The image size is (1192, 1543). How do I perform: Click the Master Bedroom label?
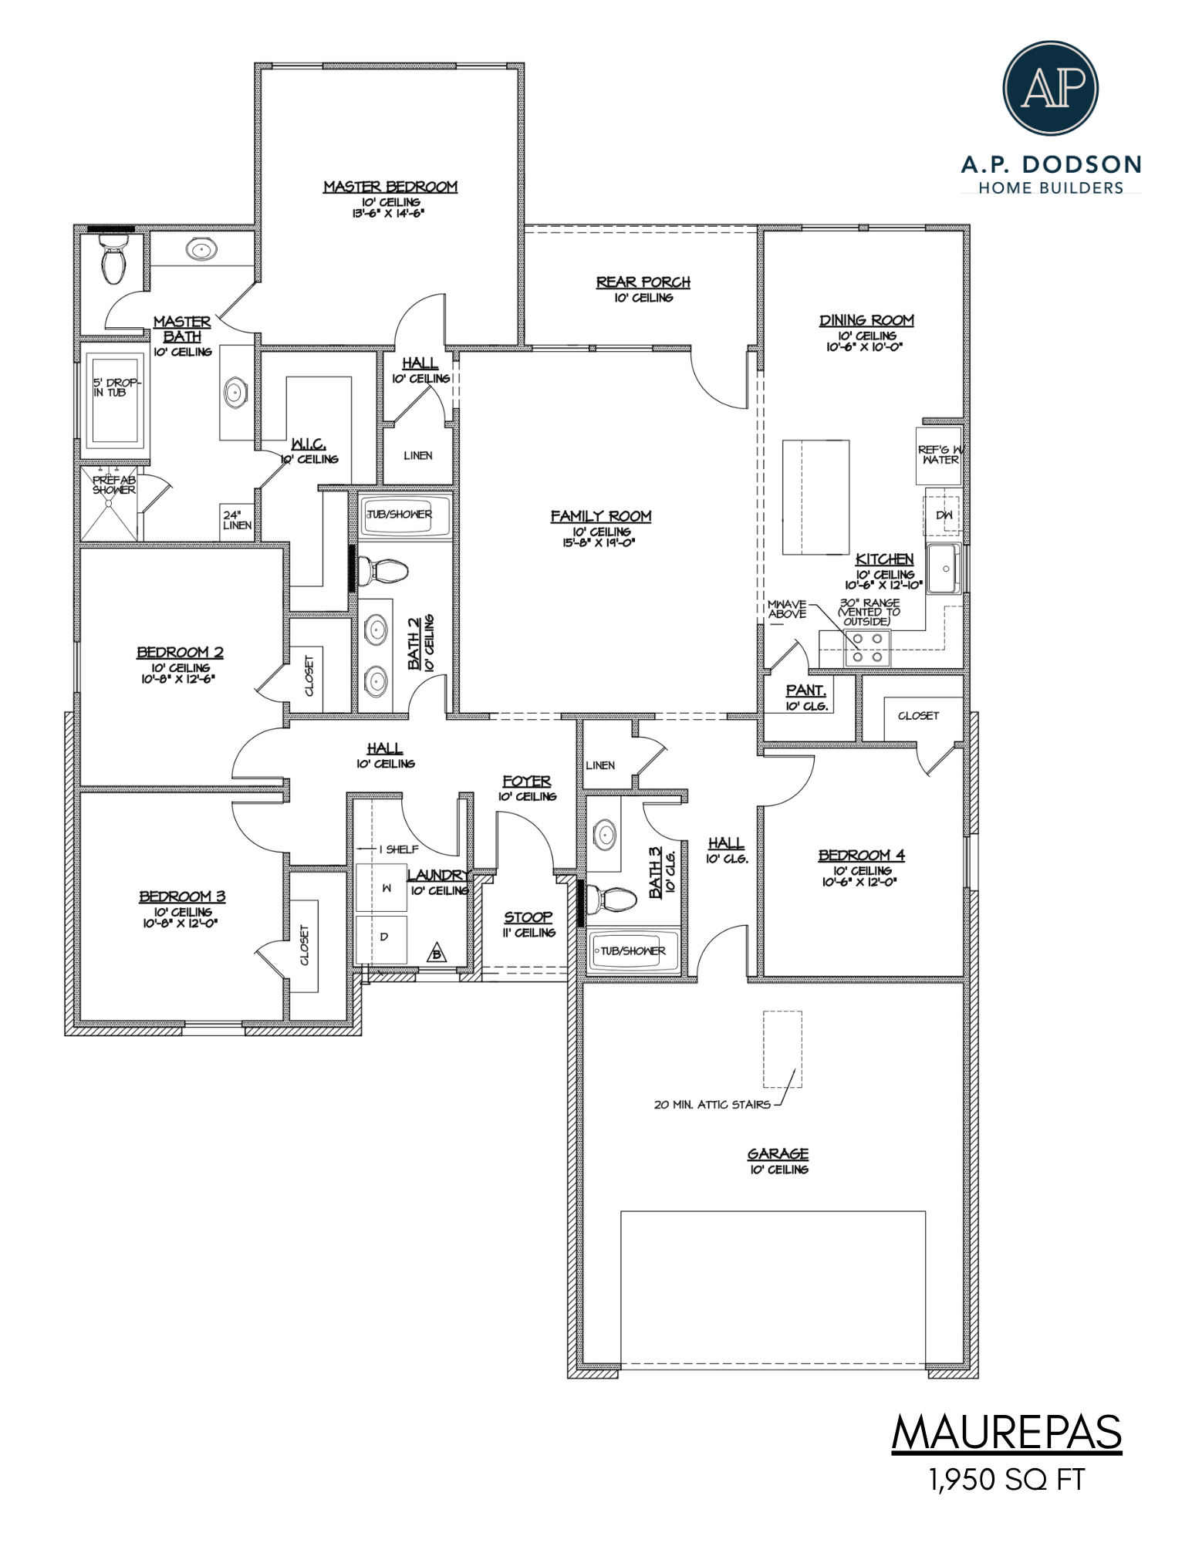[390, 187]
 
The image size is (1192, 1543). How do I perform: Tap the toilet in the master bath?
[113, 260]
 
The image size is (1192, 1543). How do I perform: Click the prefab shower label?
[114, 485]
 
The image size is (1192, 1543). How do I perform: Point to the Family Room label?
[601, 516]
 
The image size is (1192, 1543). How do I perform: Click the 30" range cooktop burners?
[867, 647]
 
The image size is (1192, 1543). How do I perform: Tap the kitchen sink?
[944, 569]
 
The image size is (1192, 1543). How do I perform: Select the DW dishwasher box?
[943, 515]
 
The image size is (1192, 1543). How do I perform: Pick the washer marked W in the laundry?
[380, 887]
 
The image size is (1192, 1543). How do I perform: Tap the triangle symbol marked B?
[437, 953]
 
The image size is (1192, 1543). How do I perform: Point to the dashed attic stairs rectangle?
[782, 1049]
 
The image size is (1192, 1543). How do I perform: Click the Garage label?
[778, 1154]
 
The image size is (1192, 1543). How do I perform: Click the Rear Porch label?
[643, 282]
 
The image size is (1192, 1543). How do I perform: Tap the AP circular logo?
[1050, 88]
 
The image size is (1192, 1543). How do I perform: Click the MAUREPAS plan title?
[1007, 1433]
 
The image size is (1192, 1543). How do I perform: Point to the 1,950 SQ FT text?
[1007, 1480]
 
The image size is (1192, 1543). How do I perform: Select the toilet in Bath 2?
[383, 572]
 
